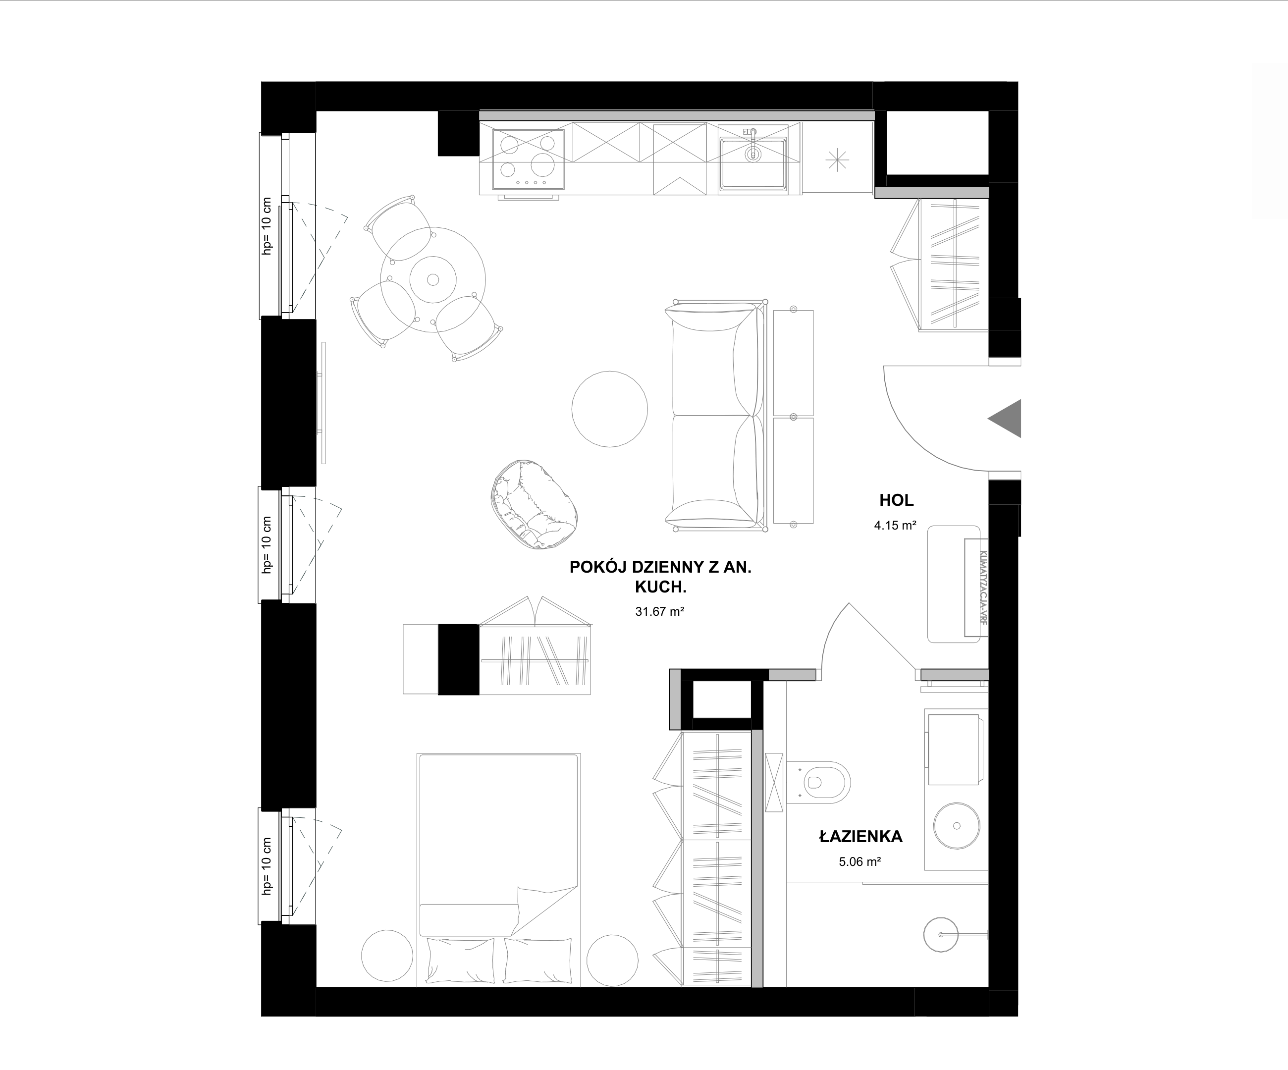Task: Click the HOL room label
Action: pyautogui.click(x=896, y=500)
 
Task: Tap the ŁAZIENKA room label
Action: pyautogui.click(x=861, y=836)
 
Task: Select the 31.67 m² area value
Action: pyautogui.click(x=659, y=611)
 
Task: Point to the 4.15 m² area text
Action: pyautogui.click(x=896, y=525)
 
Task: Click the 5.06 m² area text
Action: pyautogui.click(x=860, y=861)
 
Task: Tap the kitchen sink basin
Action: pyautogui.click(x=752, y=163)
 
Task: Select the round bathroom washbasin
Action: pyautogui.click(x=956, y=826)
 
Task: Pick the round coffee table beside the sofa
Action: pyautogui.click(x=610, y=409)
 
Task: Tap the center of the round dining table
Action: pyautogui.click(x=433, y=279)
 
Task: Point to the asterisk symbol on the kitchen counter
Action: pyautogui.click(x=837, y=160)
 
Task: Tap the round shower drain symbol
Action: pyautogui.click(x=941, y=934)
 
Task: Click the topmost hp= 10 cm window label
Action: pyautogui.click(x=266, y=226)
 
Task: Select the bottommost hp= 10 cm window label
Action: pyautogui.click(x=266, y=866)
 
